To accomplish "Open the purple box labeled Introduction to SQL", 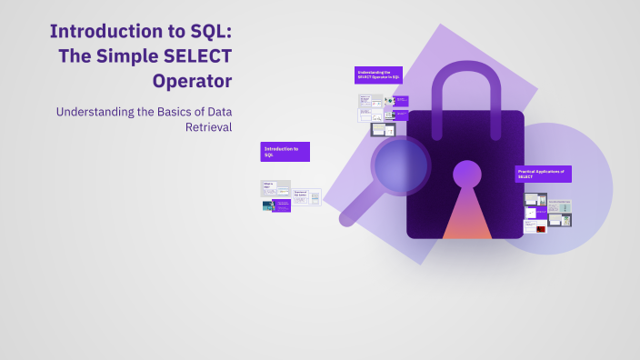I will click(285, 152).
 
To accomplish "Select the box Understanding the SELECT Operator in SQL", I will click(378, 75).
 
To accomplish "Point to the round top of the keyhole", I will click(467, 173).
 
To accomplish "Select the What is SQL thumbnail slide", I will click(275, 189).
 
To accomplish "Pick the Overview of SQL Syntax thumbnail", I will click(306, 196).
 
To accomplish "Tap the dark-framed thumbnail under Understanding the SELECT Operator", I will click(384, 130).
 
